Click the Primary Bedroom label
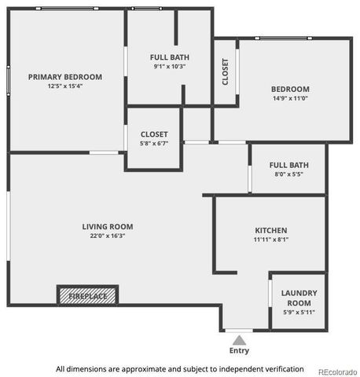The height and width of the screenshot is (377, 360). [x=65, y=76]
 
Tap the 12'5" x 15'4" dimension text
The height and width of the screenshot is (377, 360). [x=65, y=86]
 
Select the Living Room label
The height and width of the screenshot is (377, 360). [x=108, y=226]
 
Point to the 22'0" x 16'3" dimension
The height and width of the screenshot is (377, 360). [x=108, y=236]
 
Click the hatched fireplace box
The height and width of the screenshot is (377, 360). [x=87, y=296]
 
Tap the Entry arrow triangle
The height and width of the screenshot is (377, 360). [x=239, y=339]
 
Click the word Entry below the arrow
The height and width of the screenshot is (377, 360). [x=239, y=351]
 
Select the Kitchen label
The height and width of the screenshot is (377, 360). [x=270, y=230]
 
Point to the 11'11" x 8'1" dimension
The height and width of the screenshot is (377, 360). [x=270, y=240]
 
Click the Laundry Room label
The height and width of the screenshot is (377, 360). [x=299, y=298]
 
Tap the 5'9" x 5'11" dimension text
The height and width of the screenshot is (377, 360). [x=299, y=312]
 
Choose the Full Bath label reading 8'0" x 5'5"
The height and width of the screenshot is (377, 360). [x=288, y=165]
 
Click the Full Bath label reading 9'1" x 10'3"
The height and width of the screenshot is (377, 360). [x=169, y=57]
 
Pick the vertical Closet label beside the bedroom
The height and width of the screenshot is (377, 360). [x=226, y=71]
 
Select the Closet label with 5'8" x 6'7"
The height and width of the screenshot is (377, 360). [x=154, y=134]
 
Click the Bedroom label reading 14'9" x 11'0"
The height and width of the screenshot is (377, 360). [x=290, y=89]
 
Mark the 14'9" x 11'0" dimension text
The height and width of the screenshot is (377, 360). [x=290, y=99]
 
